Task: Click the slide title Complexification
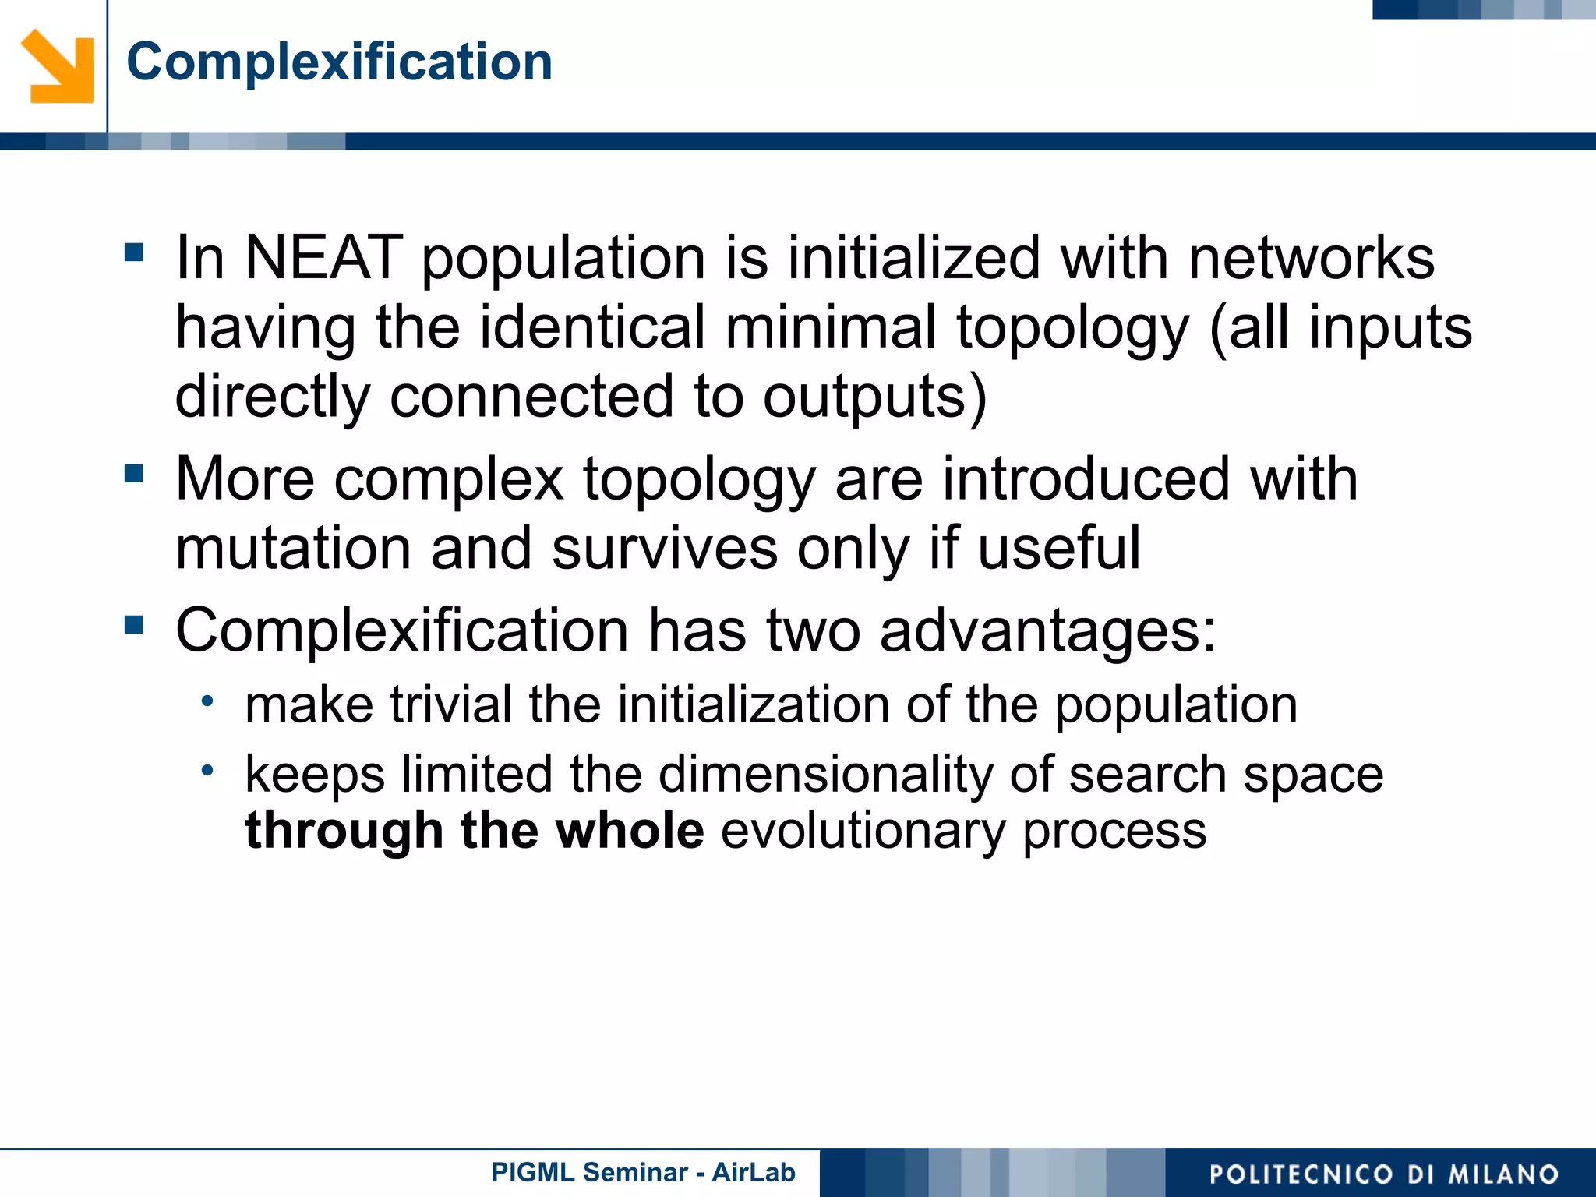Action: click(339, 62)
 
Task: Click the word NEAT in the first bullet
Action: click(323, 258)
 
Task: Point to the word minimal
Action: click(831, 327)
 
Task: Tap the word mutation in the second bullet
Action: click(293, 548)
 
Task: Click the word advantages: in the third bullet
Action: click(1047, 630)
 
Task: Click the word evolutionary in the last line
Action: click(863, 831)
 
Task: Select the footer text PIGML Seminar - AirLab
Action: click(643, 1172)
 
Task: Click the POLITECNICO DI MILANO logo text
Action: click(1383, 1174)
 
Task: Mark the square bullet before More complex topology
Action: click(134, 473)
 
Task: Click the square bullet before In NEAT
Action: click(134, 252)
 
